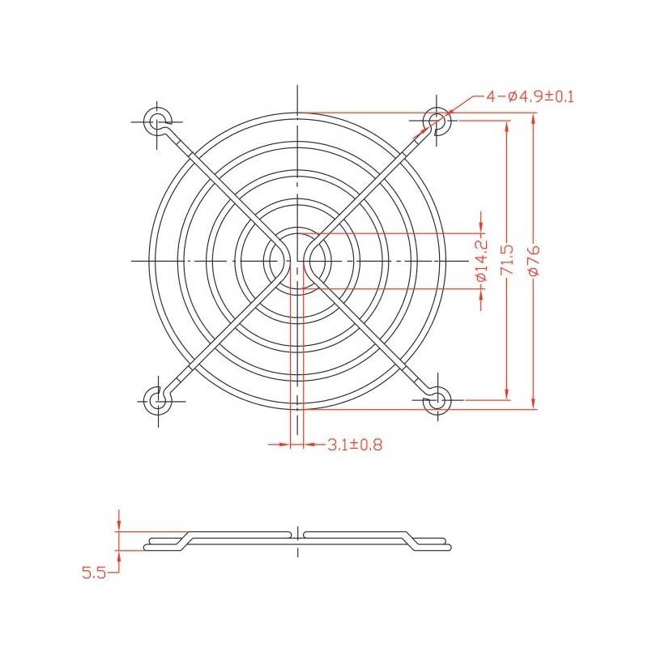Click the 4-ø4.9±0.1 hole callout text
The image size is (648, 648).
(531, 97)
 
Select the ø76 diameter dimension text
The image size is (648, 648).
(534, 260)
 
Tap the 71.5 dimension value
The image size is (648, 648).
(507, 260)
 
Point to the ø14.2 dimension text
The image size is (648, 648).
(481, 261)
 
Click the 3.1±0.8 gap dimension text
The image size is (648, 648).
(355, 445)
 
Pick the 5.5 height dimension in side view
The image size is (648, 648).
(94, 573)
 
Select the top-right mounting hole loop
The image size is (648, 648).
(437, 121)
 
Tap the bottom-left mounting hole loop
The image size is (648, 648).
(157, 400)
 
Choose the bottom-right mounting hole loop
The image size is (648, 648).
(437, 400)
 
